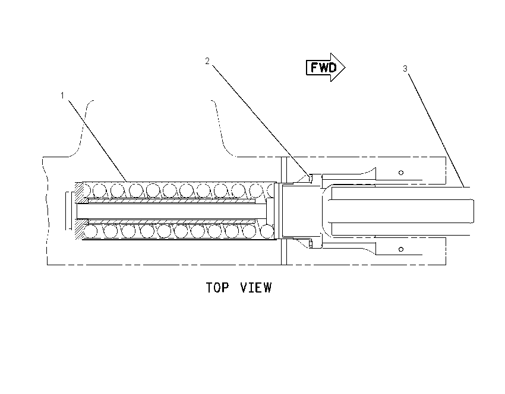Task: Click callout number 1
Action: point(62,96)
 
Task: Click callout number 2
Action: point(207,61)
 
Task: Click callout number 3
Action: point(405,68)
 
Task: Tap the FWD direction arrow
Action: point(326,67)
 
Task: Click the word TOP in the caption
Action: point(217,288)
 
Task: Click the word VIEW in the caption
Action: point(256,288)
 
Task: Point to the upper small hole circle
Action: point(401,173)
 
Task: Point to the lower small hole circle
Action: point(401,249)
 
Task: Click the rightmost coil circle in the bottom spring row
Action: point(267,231)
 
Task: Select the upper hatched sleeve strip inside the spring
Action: point(172,201)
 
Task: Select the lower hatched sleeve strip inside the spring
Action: point(172,221)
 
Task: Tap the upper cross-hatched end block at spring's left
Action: point(80,193)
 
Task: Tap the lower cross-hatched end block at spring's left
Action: point(80,229)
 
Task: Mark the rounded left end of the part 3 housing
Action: point(326,211)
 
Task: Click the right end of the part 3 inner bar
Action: point(474,211)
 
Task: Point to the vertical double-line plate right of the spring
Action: point(284,211)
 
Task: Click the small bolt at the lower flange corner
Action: point(311,244)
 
